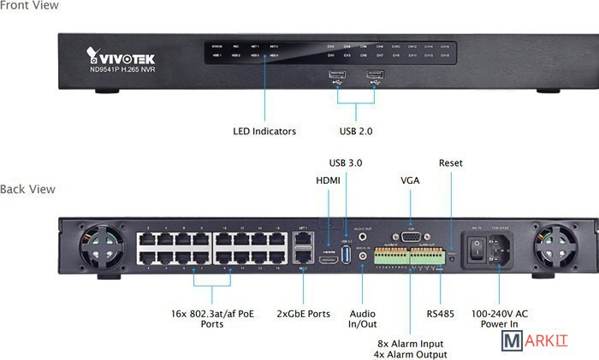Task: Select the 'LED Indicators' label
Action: (264, 132)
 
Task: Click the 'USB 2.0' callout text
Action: (356, 132)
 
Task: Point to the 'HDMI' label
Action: (328, 180)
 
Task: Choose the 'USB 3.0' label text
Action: (347, 162)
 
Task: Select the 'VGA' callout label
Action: (410, 180)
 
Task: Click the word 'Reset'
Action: (450, 162)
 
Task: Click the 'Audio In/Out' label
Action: (364, 319)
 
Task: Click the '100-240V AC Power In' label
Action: (501, 319)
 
